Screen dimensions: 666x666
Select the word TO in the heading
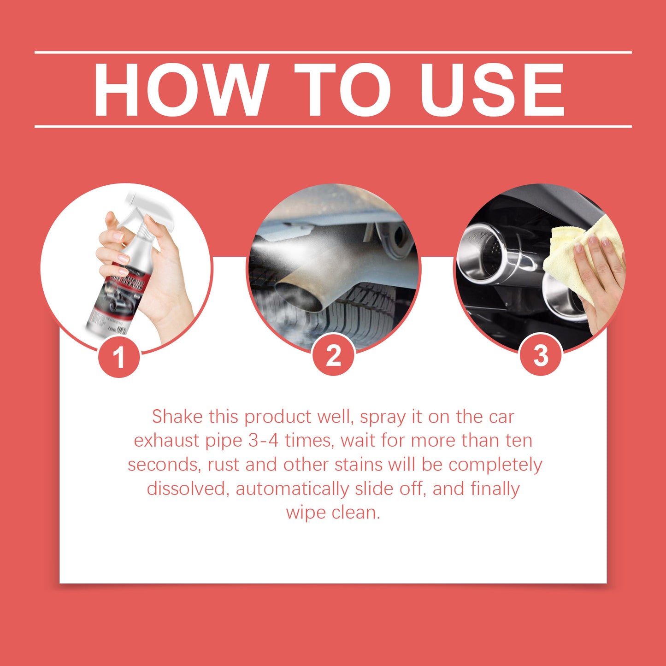[x=342, y=89]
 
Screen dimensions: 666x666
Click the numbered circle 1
[x=119, y=357]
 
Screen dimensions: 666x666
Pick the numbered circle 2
[x=333, y=355]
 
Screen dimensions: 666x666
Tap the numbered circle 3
[x=540, y=355]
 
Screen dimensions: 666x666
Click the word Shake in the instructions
[x=177, y=417]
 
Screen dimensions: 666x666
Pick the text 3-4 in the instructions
[x=263, y=441]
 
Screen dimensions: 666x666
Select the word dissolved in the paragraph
[x=188, y=489]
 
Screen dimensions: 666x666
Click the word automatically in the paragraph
[x=292, y=489]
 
